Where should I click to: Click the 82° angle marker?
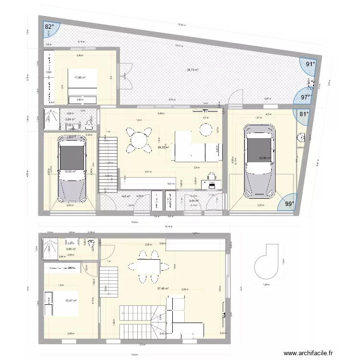tap(49, 27)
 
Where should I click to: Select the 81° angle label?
tap(303, 114)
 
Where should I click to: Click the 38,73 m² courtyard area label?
tap(193, 70)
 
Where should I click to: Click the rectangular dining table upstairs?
tap(148, 265)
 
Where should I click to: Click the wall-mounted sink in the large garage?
tap(301, 138)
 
